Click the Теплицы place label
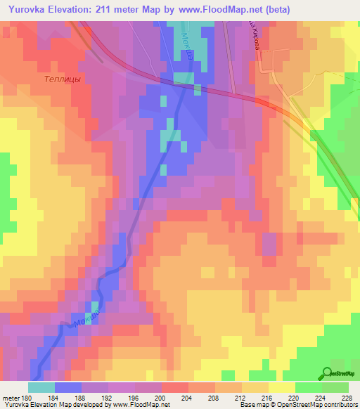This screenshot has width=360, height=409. point(62,79)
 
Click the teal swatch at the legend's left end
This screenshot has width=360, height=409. point(41,387)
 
